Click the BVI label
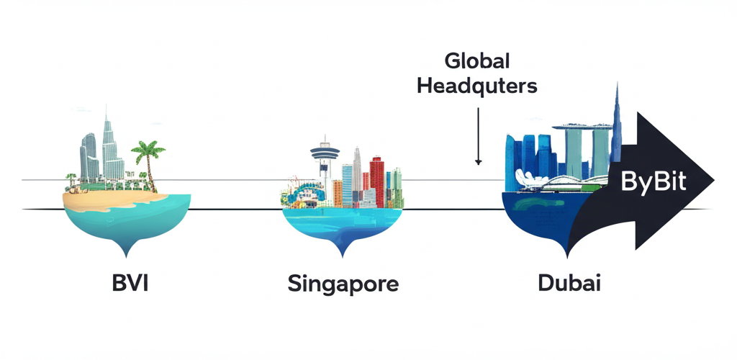tap(129, 282)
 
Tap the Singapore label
tap(343, 283)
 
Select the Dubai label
tap(569, 282)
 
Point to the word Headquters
tap(477, 86)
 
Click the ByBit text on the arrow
tap(653, 183)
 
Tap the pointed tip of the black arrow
tap(713, 181)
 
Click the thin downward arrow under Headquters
tap(478, 137)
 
